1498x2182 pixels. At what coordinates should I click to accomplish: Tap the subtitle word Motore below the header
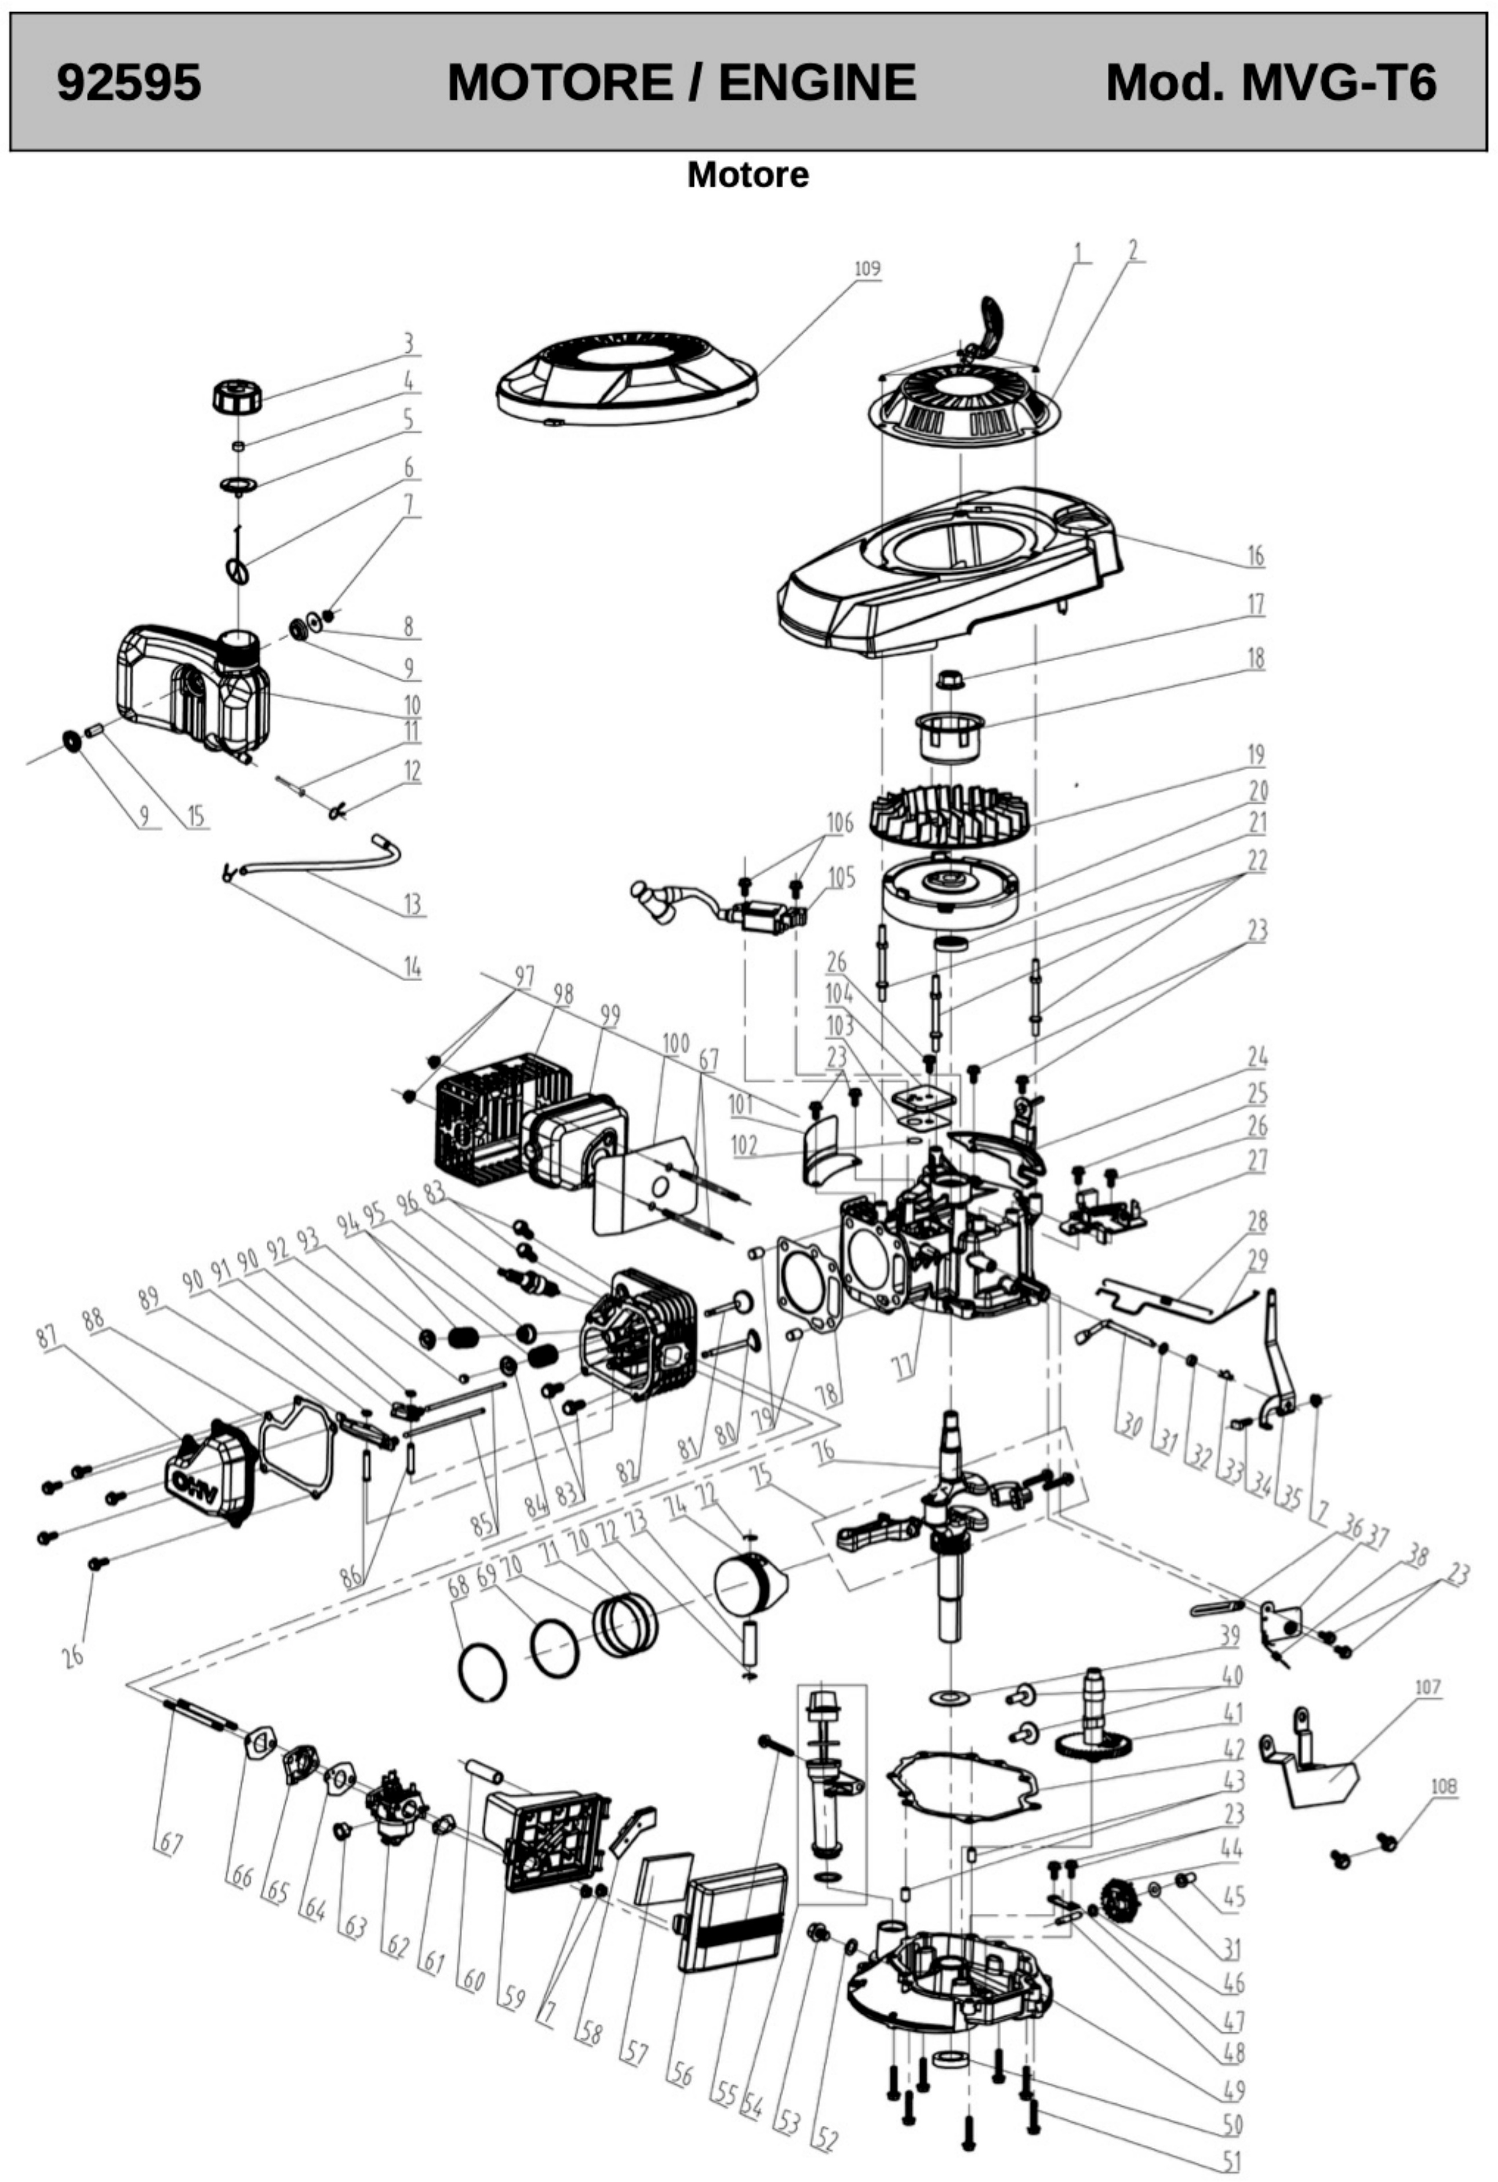(x=748, y=174)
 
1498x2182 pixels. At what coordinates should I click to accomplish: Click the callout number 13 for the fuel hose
(x=412, y=904)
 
